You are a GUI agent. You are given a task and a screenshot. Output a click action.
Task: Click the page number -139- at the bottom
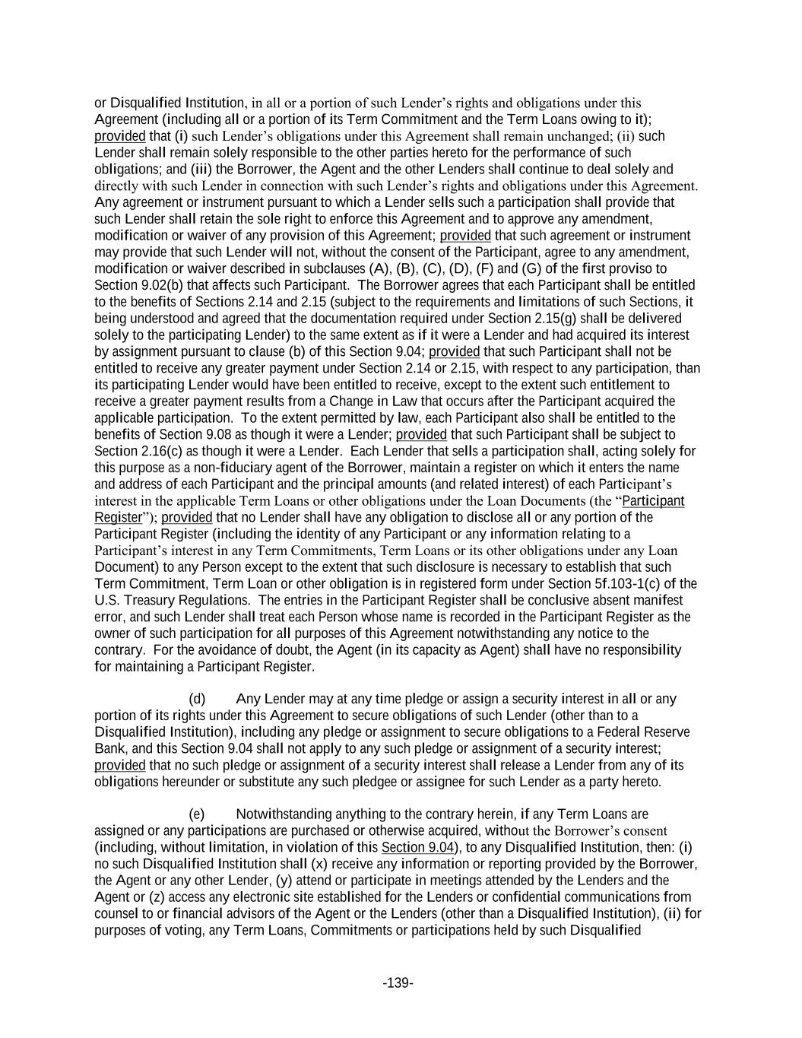tap(398, 983)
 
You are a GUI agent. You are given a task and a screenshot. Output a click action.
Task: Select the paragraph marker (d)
tap(197, 699)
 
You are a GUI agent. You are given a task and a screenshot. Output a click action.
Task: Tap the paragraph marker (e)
tap(197, 814)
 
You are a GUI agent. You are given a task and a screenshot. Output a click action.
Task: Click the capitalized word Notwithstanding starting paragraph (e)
tap(285, 814)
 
